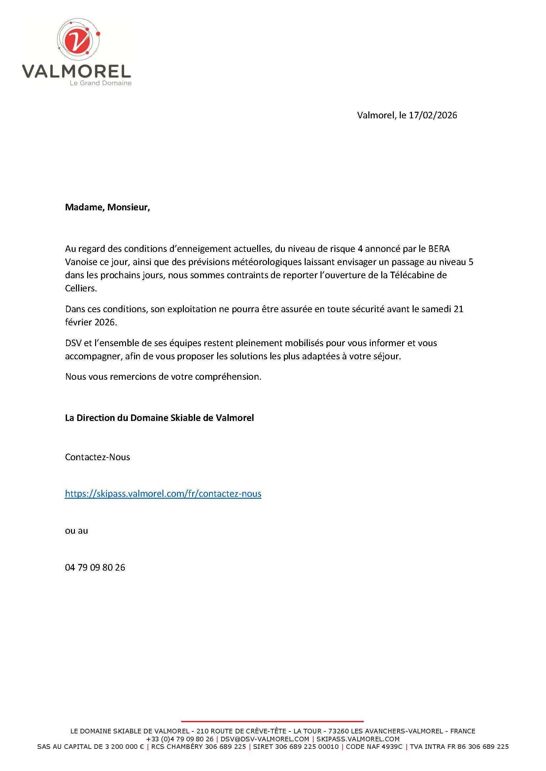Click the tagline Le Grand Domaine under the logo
[101, 83]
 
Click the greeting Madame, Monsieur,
[107, 207]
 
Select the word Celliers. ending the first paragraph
[81, 288]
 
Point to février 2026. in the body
[91, 322]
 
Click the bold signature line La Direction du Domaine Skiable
[159, 418]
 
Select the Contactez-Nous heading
[97, 457]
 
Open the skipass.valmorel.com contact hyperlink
[163, 494]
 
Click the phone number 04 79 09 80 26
[95, 567]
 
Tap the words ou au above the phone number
[76, 531]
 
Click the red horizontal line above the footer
[272, 721]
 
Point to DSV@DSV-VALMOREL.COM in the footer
[265, 739]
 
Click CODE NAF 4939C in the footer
[374, 747]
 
